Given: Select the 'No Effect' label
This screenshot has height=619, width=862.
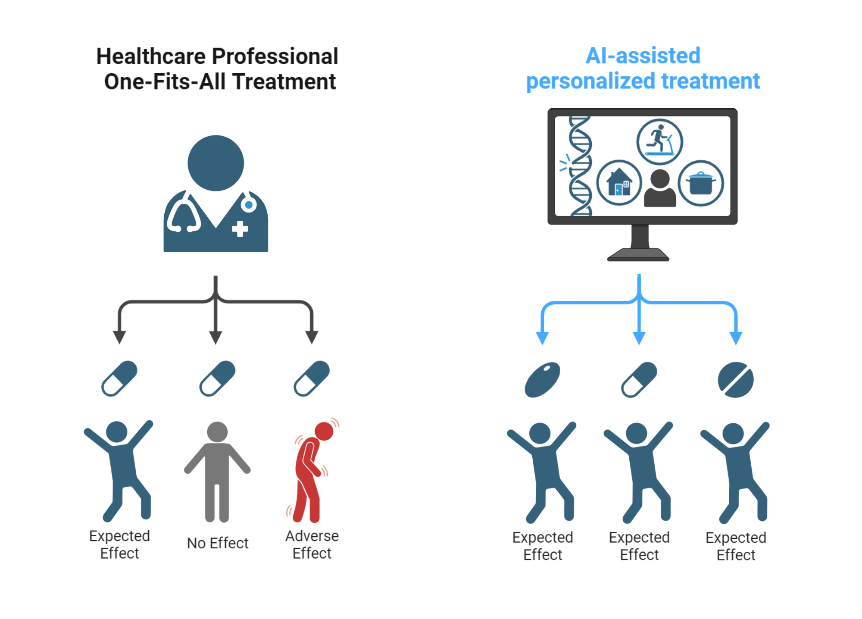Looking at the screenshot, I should (218, 543).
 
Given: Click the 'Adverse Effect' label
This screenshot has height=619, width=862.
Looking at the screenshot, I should (312, 544).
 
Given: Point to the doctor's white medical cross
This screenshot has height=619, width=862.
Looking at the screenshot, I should (240, 229).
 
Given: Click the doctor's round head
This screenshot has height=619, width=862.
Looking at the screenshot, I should (215, 163).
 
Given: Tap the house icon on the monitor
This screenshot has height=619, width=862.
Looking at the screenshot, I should (619, 182).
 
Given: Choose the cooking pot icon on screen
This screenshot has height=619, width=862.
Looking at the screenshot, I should (701, 183).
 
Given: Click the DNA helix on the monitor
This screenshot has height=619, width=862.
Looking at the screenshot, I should (580, 166).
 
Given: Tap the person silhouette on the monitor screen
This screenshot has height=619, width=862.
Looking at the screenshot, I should (660, 188).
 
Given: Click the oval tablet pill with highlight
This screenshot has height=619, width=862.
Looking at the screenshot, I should (542, 379).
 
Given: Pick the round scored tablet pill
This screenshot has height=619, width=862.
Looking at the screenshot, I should (736, 380).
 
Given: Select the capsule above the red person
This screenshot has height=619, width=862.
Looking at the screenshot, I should (312, 378).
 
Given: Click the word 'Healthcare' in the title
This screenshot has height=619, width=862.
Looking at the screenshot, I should (151, 56).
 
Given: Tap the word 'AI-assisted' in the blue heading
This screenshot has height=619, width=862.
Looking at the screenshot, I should (643, 56).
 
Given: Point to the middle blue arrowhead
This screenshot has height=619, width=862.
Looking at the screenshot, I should (639, 337).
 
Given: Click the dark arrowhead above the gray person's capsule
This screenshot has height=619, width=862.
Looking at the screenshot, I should (215, 337).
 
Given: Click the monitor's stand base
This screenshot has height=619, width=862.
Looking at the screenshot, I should (638, 255).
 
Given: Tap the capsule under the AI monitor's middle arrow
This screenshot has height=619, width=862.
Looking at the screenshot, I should (639, 380).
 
